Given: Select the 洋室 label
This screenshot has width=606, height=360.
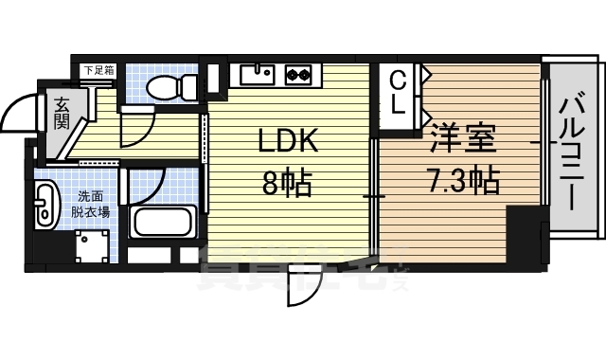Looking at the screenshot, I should (x=463, y=140).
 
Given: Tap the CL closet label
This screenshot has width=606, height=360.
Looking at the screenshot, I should (x=398, y=91).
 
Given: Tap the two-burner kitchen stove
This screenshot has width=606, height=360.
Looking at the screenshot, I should (x=298, y=73).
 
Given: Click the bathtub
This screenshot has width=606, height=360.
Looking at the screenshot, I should (x=162, y=224).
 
